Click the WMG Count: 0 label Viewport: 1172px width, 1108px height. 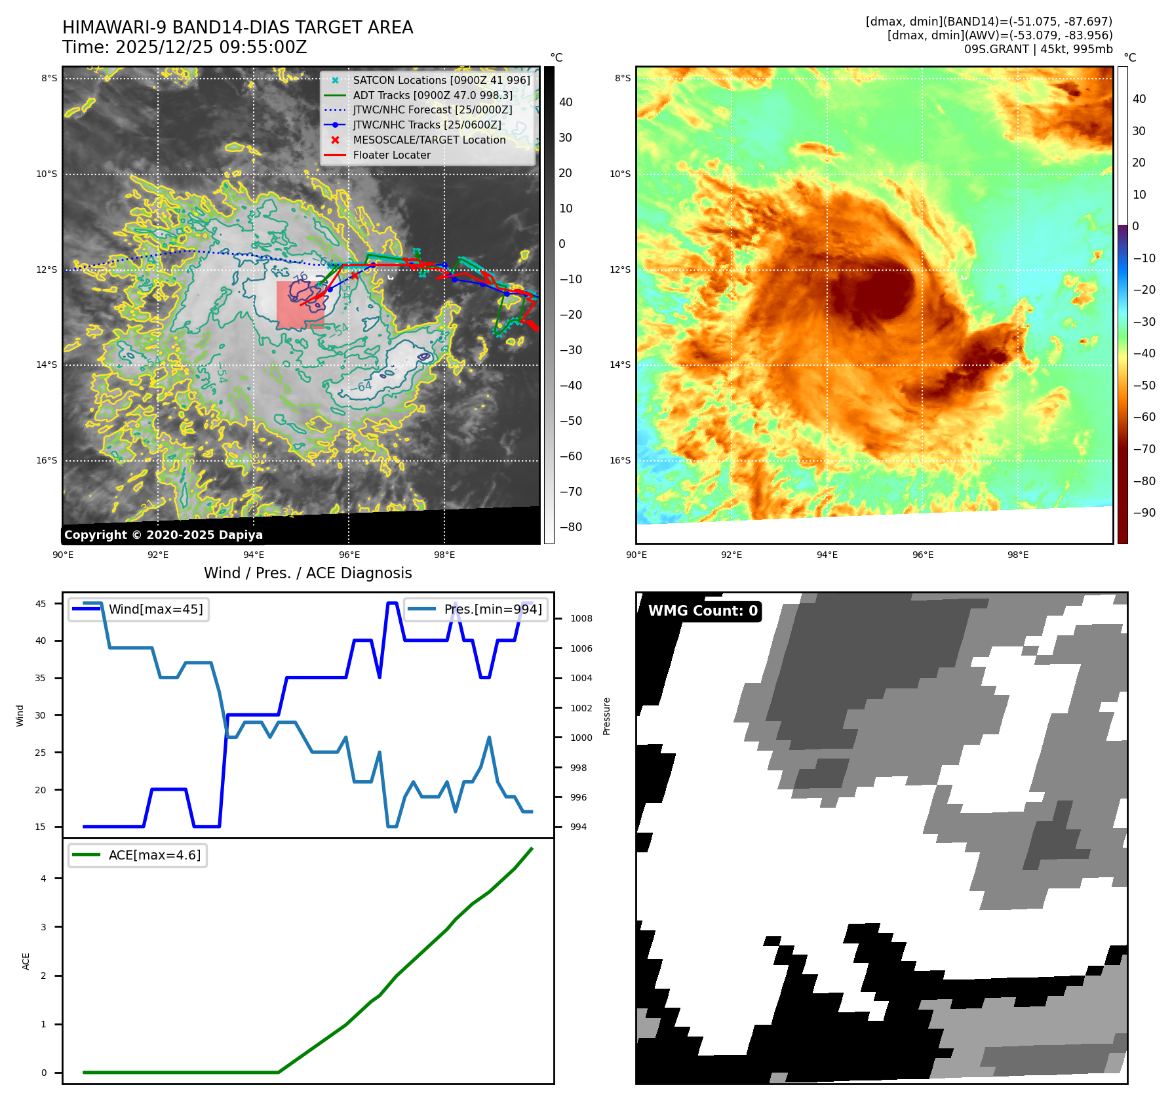[702, 611]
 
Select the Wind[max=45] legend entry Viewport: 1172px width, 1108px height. [155, 609]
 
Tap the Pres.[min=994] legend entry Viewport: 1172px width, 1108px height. [492, 609]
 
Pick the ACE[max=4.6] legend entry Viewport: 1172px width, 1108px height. [154, 855]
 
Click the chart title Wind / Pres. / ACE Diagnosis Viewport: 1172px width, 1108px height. [307, 573]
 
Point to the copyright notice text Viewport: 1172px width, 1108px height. [163, 535]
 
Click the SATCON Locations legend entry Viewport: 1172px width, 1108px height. [441, 80]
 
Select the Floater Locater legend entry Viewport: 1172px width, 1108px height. [391, 155]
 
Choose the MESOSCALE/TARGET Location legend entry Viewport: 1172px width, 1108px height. [429, 140]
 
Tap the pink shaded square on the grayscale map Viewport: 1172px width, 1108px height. [300, 305]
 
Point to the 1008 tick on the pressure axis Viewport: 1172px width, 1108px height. [581, 618]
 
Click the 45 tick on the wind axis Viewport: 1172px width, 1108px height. [41, 604]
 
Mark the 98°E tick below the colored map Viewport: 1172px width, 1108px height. [1017, 555]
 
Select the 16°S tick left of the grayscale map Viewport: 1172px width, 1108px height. [47, 460]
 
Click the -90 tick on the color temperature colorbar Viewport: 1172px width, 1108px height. [1144, 513]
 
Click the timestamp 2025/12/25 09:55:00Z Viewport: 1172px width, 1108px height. [211, 47]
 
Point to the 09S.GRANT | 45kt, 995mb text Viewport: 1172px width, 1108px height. [1038, 49]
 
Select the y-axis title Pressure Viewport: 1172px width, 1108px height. [606, 716]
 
